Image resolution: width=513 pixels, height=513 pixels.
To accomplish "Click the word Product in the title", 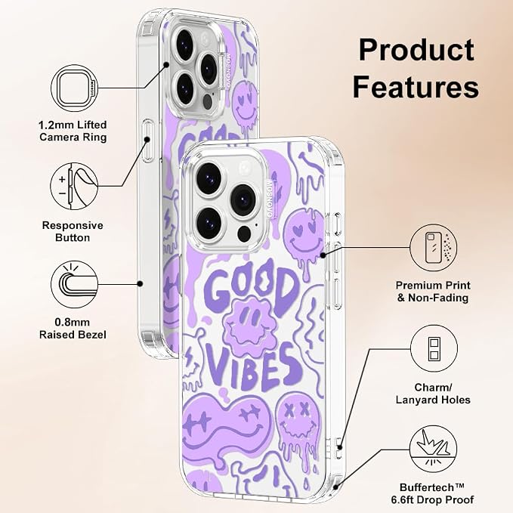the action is point(416,50).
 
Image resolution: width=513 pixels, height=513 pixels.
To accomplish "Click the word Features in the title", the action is point(416,86).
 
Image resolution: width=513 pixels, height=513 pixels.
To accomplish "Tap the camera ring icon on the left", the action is point(75,88).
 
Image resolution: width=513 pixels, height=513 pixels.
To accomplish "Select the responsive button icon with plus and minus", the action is point(74,186).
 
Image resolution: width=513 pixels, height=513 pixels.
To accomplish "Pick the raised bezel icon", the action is point(75,284).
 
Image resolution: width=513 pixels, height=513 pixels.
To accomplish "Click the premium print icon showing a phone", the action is point(434,248).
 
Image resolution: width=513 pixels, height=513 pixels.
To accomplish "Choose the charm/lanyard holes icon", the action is point(434,348).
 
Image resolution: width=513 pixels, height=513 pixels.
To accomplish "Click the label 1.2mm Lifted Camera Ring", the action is point(73,131).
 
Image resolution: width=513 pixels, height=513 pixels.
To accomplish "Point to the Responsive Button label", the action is point(73,231).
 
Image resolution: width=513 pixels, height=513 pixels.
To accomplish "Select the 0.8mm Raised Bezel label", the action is point(73,329).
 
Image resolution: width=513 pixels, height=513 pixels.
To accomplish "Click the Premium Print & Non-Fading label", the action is point(433,292).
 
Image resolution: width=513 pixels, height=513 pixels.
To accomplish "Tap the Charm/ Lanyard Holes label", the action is point(433,394).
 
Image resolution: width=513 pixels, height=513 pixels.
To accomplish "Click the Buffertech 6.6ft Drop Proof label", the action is point(432,493).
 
